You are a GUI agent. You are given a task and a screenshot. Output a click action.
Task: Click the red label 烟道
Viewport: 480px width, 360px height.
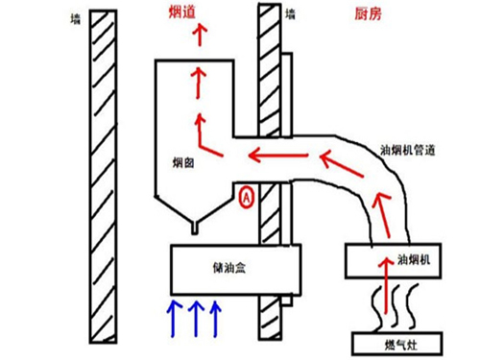181,12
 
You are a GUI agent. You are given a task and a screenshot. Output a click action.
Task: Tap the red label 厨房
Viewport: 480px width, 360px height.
368,14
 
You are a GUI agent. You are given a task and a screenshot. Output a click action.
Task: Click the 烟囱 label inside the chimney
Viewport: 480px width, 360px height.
183,163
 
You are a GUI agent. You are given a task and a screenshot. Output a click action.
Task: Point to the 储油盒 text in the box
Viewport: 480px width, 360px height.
229,268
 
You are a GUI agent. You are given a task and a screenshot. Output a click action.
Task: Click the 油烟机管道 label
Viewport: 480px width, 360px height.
407,150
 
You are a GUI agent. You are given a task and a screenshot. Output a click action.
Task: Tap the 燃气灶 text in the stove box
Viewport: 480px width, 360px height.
400,346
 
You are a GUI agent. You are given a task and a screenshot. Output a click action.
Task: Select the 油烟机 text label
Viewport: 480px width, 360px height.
414,259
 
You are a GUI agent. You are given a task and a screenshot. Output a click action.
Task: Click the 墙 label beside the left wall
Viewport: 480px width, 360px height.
76,19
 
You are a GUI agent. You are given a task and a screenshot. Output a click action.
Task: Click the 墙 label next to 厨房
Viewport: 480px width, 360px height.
290,14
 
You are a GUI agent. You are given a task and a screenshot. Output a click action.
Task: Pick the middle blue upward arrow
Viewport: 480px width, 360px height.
196,319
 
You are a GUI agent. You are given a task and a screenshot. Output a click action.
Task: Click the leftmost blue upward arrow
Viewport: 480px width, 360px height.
174,319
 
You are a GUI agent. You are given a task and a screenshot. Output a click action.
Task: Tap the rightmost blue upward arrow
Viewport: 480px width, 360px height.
216,319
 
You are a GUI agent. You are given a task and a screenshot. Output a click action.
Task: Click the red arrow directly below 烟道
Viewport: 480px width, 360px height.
200,36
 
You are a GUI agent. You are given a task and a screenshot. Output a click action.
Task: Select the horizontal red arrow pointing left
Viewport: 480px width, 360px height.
278,156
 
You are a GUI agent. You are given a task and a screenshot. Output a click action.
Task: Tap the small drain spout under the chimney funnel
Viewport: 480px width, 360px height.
195,228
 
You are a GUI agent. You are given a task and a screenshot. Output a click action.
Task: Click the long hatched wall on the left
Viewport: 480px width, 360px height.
103,177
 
